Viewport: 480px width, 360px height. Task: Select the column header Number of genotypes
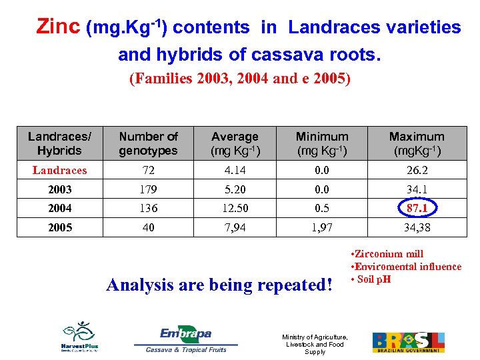(x=149, y=143)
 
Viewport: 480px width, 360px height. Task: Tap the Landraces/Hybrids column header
(x=59, y=143)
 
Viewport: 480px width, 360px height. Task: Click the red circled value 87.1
(x=417, y=208)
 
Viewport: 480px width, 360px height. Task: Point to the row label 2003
(x=59, y=189)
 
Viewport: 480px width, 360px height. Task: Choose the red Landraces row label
(x=59, y=170)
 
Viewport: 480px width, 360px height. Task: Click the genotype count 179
(x=149, y=189)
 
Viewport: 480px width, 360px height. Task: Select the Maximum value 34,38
(x=417, y=227)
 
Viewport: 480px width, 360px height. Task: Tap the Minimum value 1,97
(x=322, y=227)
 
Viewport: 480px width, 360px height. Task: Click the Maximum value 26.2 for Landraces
(x=417, y=170)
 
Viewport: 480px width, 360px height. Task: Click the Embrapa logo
(x=185, y=339)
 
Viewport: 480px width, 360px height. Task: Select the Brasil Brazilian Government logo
(x=408, y=342)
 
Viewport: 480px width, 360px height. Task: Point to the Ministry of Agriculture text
(x=315, y=344)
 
